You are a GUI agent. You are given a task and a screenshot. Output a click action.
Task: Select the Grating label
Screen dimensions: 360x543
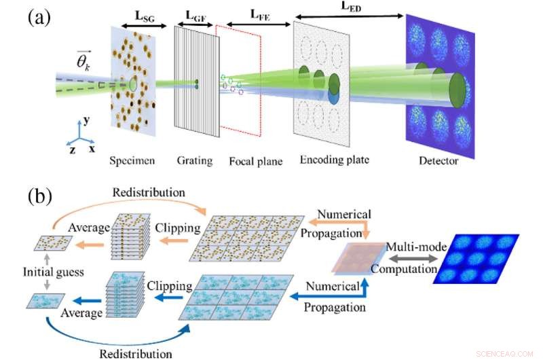click(x=194, y=161)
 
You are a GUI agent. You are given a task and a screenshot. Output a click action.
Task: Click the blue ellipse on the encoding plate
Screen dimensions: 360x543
click(x=334, y=96)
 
